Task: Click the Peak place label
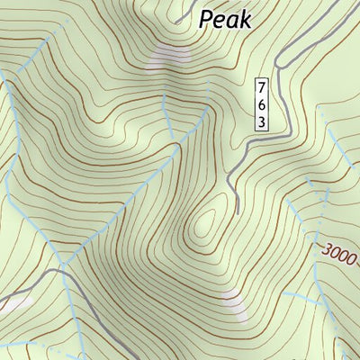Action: pyautogui.click(x=225, y=18)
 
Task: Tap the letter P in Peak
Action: pyautogui.click(x=207, y=18)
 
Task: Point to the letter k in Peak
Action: pyautogui.click(x=246, y=18)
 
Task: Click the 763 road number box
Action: pyautogui.click(x=261, y=103)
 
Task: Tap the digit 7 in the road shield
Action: pyautogui.click(x=261, y=88)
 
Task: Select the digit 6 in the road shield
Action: pyautogui.click(x=261, y=103)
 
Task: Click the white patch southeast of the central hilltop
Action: pyautogui.click(x=233, y=306)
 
